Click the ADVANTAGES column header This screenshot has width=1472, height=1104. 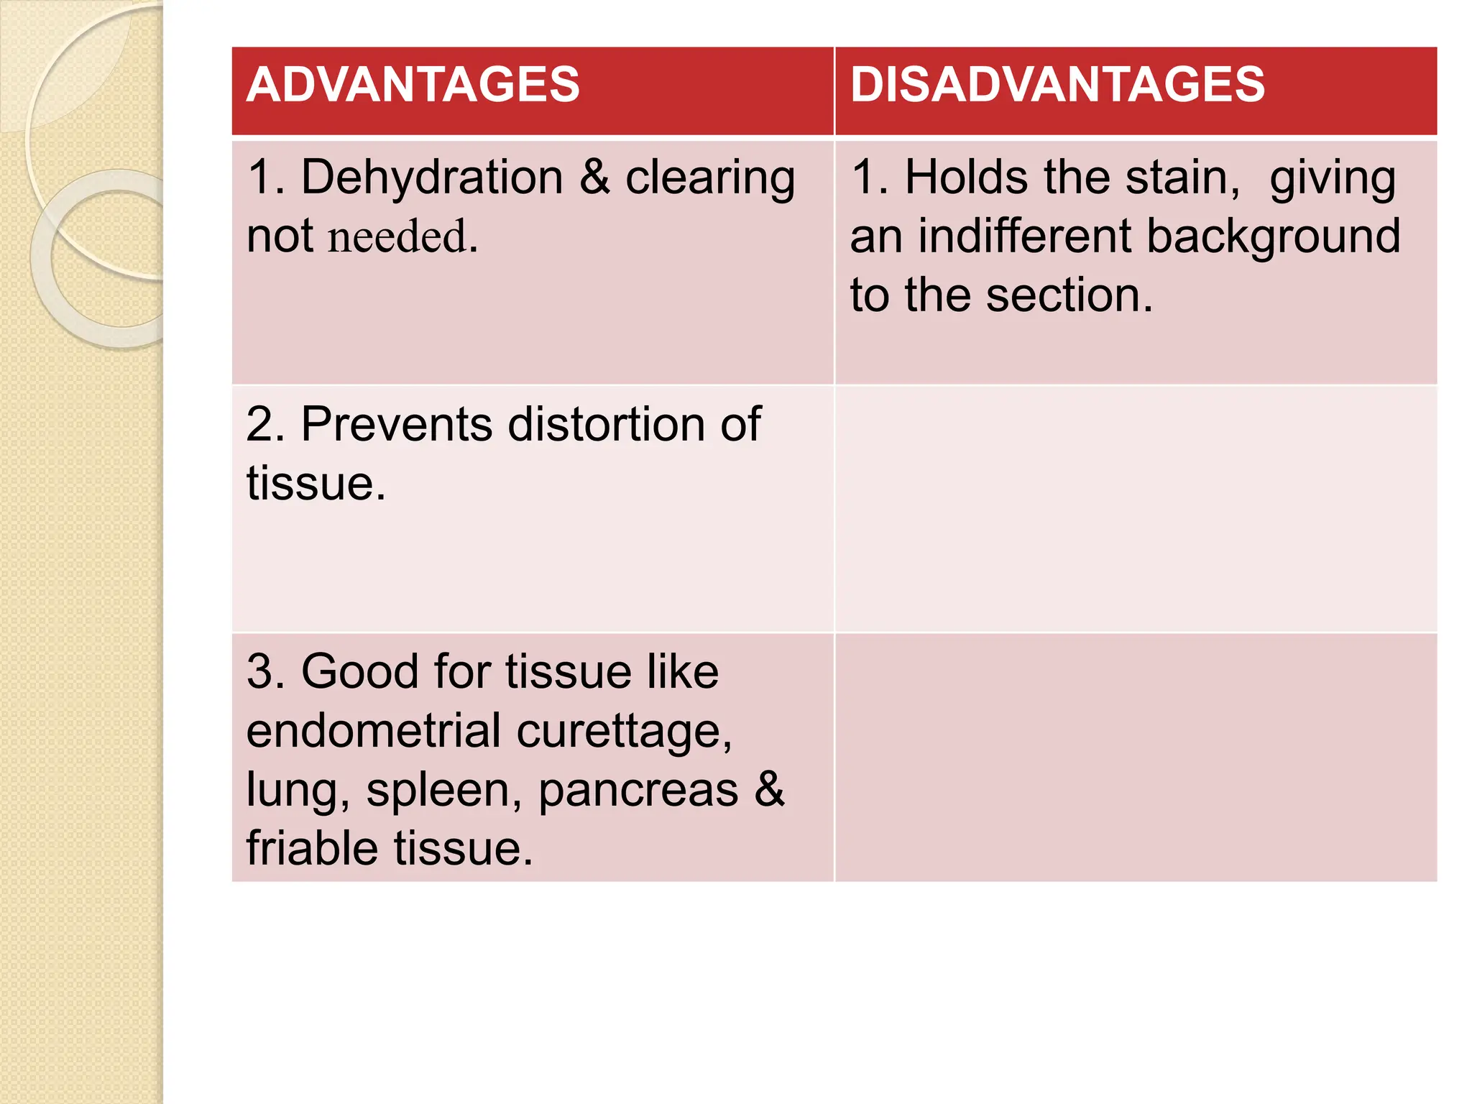coord(413,85)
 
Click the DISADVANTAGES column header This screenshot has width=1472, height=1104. coord(1057,85)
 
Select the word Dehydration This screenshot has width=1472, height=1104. coord(431,178)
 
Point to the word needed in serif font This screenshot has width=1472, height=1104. coord(397,236)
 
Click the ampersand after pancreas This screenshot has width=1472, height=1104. coord(770,789)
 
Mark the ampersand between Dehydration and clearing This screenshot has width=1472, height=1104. coord(594,178)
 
